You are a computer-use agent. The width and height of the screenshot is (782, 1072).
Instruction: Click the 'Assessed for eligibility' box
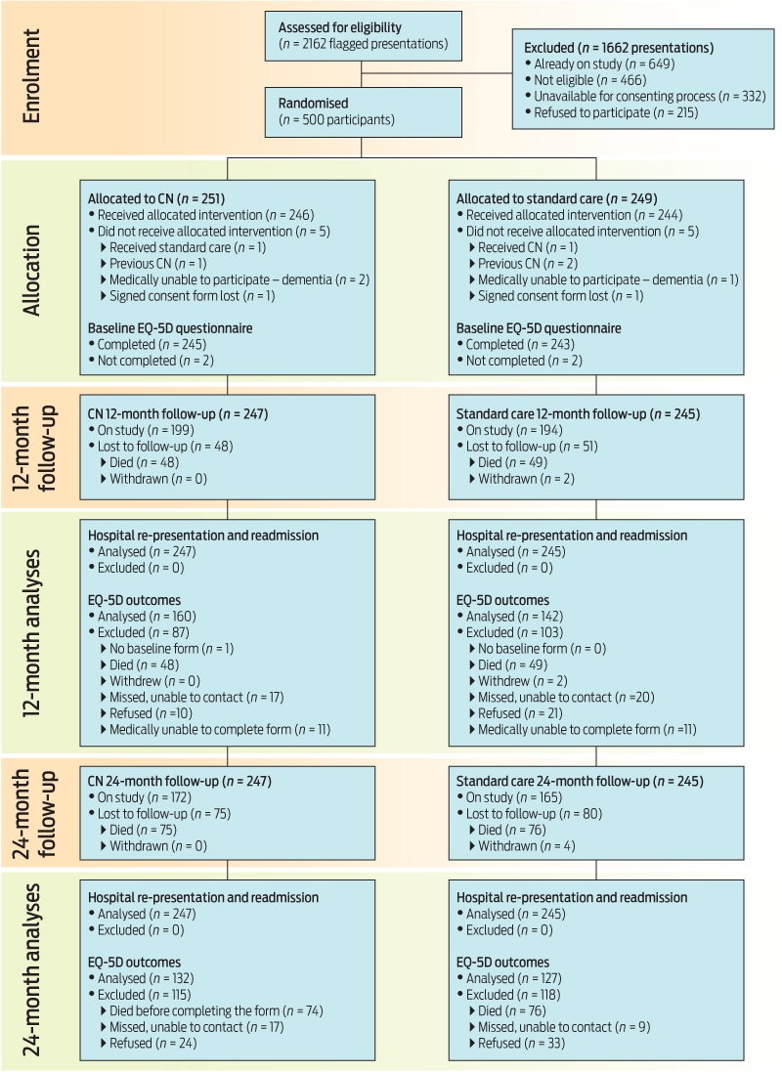click(364, 35)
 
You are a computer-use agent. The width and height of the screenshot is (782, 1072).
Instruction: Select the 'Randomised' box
click(364, 111)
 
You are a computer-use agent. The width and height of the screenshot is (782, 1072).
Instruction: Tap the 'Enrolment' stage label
click(31, 76)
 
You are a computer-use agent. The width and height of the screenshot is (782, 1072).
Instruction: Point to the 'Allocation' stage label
click(31, 271)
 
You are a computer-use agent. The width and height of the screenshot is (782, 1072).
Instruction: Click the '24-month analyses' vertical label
click(31, 969)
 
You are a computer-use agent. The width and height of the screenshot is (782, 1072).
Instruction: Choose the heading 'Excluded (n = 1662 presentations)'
click(619, 48)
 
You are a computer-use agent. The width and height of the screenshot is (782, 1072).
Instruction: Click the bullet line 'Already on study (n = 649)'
click(599, 64)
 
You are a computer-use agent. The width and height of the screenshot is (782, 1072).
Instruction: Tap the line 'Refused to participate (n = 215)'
click(611, 112)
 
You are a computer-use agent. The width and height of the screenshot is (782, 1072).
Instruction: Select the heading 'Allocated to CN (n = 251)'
click(156, 199)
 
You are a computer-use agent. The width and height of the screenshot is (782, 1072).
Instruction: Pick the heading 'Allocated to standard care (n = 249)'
click(557, 199)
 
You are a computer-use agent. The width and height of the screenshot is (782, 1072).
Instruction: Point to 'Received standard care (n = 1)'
click(184, 247)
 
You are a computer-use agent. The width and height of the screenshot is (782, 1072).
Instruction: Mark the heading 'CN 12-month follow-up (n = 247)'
click(178, 414)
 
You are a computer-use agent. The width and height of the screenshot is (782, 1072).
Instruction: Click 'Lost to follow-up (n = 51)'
click(528, 447)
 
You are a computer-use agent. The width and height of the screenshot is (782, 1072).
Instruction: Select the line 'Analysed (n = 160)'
click(143, 617)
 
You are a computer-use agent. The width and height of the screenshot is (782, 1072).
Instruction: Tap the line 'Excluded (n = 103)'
click(509, 633)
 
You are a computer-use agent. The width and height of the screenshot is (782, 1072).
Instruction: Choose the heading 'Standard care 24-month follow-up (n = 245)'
click(580, 782)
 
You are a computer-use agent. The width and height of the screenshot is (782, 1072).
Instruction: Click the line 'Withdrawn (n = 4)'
click(523, 846)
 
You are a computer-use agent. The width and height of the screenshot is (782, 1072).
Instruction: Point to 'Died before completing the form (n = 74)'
click(212, 1011)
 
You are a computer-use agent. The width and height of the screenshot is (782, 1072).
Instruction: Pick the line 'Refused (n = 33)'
click(517, 1044)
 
